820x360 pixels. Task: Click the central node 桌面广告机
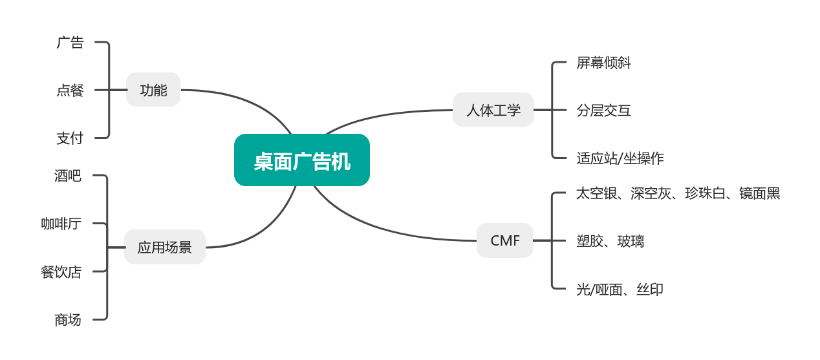click(x=301, y=160)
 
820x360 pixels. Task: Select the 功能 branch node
click(x=153, y=90)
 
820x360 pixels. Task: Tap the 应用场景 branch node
click(x=164, y=247)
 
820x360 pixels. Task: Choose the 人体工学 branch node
click(x=493, y=110)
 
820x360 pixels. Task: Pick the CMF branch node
click(x=504, y=240)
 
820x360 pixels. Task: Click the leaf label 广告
click(x=70, y=43)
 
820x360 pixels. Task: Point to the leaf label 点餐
click(x=70, y=90)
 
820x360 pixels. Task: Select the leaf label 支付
click(x=70, y=138)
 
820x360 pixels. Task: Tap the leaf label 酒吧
click(x=68, y=175)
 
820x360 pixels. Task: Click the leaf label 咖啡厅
click(x=61, y=224)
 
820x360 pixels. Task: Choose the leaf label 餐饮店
click(x=61, y=272)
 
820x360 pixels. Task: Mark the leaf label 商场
click(x=68, y=319)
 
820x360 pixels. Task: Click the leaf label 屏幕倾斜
click(x=603, y=63)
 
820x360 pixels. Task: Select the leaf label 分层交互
click(x=603, y=111)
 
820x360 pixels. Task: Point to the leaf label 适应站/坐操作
click(x=620, y=158)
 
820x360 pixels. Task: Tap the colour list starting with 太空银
click(x=678, y=193)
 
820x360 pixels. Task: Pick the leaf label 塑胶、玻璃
click(x=610, y=241)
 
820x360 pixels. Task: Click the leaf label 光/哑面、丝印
click(x=619, y=289)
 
